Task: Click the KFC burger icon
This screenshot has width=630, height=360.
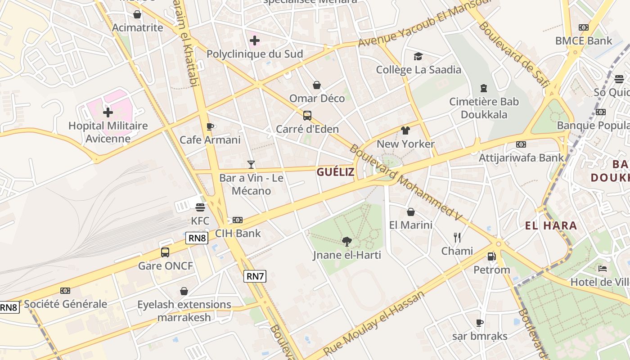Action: click(200, 207)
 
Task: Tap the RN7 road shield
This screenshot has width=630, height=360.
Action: click(255, 276)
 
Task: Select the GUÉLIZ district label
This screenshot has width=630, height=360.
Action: click(335, 172)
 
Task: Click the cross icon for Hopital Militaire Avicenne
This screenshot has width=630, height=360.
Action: click(108, 112)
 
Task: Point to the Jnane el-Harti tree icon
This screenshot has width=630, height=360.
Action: click(346, 242)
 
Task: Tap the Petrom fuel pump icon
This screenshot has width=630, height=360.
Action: click(491, 256)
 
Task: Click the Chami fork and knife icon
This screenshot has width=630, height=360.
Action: click(457, 237)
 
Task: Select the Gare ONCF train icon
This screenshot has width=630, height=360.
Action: click(165, 252)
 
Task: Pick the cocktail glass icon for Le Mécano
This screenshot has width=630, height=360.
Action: click(251, 165)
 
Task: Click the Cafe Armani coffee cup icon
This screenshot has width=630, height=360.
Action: click(210, 126)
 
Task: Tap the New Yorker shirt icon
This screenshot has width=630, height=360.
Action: click(405, 130)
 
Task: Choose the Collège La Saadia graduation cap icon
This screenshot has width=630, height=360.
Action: click(418, 56)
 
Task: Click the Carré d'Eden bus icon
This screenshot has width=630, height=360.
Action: click(307, 116)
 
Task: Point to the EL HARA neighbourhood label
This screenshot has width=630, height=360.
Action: click(551, 225)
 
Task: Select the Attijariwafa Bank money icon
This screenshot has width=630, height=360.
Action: click(521, 144)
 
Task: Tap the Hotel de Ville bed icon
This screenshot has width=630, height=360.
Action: click(603, 269)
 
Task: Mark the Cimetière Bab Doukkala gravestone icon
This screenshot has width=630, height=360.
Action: click(484, 88)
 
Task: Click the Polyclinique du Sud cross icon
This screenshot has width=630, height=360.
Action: click(255, 41)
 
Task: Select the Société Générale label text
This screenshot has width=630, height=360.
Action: click(66, 304)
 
